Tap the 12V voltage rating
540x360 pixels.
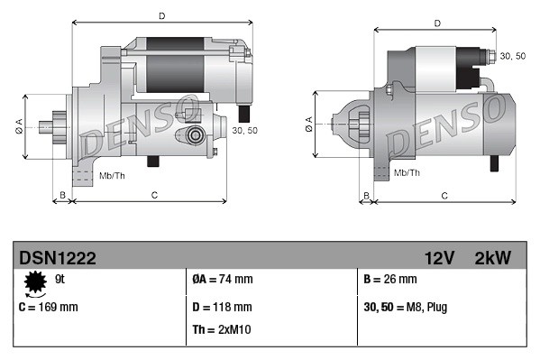[x=440, y=258]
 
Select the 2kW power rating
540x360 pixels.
[x=492, y=258]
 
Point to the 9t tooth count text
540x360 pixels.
[x=60, y=280]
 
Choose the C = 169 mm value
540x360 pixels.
[x=49, y=307]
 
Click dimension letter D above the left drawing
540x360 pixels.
[x=161, y=16]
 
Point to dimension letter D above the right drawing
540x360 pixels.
[x=436, y=23]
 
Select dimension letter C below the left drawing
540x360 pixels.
[x=154, y=195]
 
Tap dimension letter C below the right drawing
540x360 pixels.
[x=444, y=195]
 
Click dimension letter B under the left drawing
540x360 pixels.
[x=62, y=195]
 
